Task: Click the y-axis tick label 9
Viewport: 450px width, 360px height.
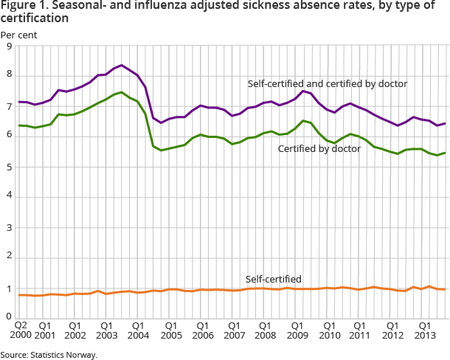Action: pos(8,46)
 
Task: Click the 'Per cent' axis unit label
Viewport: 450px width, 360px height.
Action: pos(18,34)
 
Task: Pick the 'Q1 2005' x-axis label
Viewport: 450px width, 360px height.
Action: pos(170,328)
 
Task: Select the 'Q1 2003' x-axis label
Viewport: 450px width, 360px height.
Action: pos(108,328)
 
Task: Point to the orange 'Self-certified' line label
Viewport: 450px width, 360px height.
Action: pos(273,279)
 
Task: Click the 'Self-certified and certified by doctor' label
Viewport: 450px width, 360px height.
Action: pos(328,83)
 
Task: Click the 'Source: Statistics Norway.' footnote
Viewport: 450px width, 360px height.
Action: pos(49,355)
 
